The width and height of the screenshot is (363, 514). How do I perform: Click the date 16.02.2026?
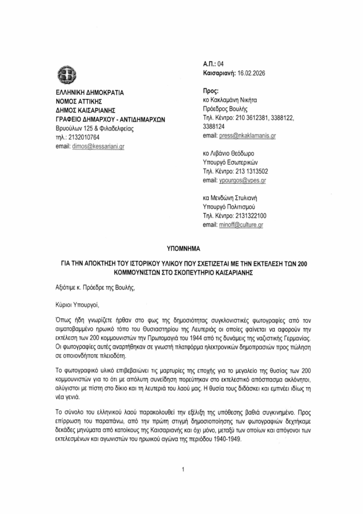[248, 73]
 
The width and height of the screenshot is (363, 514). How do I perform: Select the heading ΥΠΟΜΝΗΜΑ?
[181, 248]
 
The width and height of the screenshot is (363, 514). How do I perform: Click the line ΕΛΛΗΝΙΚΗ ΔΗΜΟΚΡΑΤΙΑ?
[89, 93]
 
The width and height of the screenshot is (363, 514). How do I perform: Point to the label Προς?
[210, 90]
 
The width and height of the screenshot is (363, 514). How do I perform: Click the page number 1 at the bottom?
[184, 469]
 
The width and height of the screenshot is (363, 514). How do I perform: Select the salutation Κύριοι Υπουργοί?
[79, 304]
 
